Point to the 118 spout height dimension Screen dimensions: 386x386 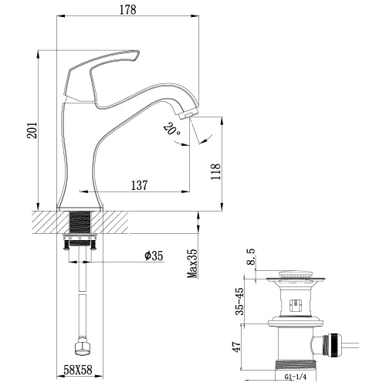click(x=215, y=171)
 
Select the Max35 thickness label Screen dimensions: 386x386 click(x=193, y=264)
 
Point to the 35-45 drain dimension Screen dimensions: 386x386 click(x=241, y=302)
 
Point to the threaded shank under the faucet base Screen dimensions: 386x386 click(x=80, y=223)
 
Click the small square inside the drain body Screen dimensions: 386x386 click(x=295, y=303)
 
